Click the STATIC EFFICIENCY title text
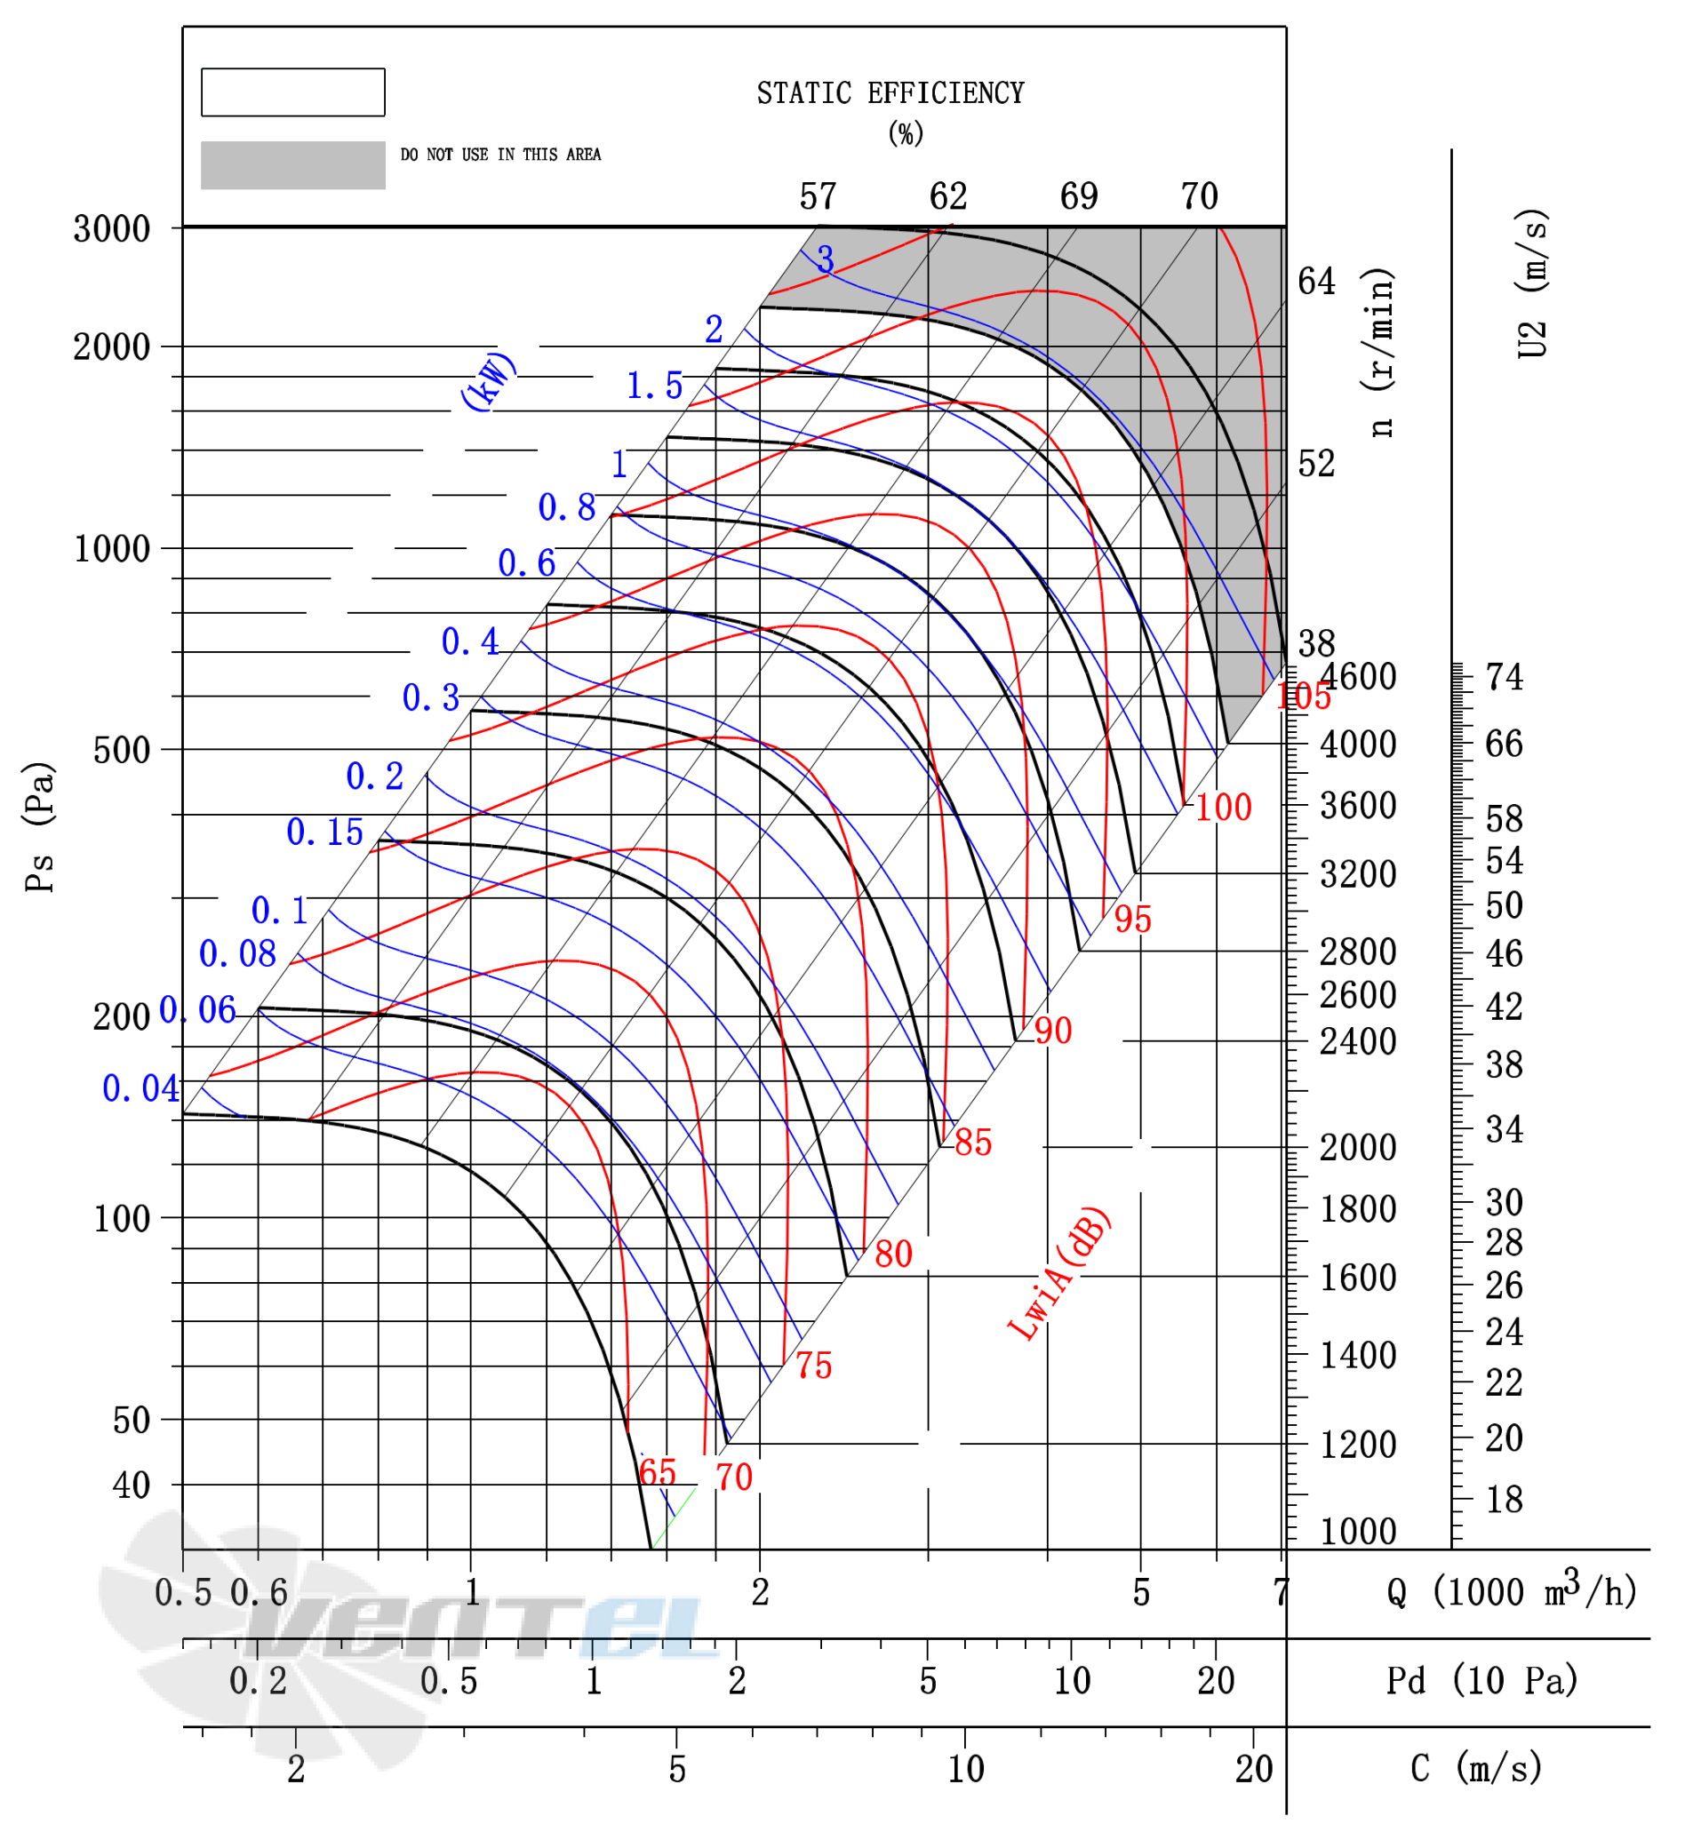tap(890, 93)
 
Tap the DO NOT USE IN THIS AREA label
tap(500, 155)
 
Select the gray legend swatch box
tap(292, 165)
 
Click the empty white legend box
tap(292, 92)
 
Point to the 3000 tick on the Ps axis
tap(111, 228)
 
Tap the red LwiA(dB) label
tap(1058, 1273)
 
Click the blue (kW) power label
tap(489, 380)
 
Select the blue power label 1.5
tap(655, 386)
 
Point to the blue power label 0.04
tap(140, 1088)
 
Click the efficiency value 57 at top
tap(818, 197)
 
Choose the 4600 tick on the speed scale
tap(1359, 677)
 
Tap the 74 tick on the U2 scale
tap(1505, 677)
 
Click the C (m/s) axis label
tap(1476, 1768)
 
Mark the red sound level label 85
tap(973, 1142)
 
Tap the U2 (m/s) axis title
tap(1532, 284)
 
